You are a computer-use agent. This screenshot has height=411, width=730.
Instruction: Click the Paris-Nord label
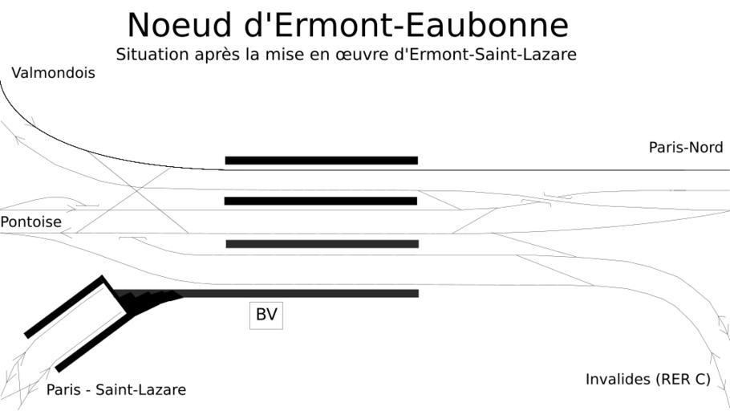686,148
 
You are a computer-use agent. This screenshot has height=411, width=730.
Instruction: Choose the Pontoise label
30,222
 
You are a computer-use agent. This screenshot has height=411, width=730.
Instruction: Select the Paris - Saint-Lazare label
116,390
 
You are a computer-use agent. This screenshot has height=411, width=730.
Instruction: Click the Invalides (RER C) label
648,379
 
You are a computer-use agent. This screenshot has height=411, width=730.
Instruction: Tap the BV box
266,315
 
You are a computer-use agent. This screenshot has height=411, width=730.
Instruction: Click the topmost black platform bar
321,161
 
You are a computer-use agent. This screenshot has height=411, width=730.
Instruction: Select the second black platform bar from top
321,201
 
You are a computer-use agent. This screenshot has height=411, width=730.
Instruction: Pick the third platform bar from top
322,244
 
